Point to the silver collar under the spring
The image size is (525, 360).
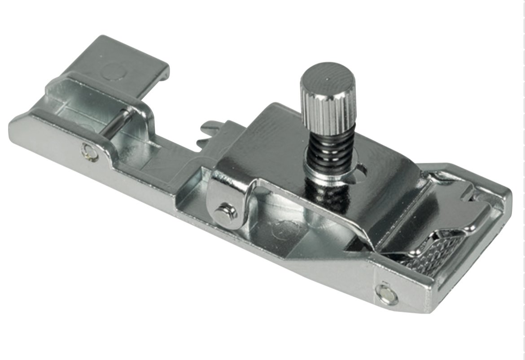[x=323, y=173]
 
